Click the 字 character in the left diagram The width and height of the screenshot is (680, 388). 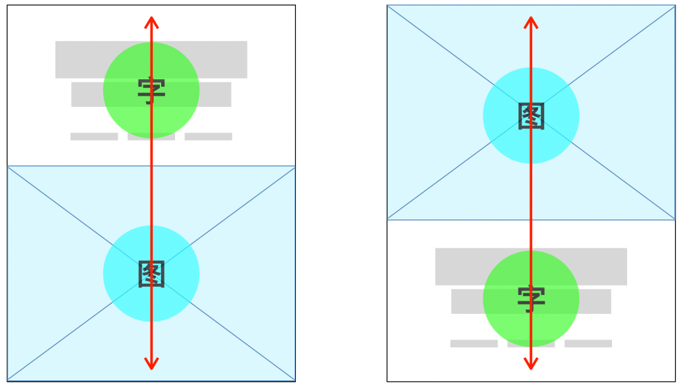(x=151, y=91)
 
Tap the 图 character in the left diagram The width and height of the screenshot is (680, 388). (x=151, y=274)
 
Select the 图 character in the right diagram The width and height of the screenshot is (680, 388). (x=531, y=116)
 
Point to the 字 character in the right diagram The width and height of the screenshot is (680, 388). (x=531, y=299)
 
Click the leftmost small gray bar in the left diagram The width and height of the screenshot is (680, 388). (x=94, y=136)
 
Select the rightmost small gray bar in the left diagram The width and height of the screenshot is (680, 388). (x=208, y=136)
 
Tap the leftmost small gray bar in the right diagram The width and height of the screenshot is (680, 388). (x=473, y=343)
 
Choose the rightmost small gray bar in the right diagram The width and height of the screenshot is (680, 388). (x=588, y=343)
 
